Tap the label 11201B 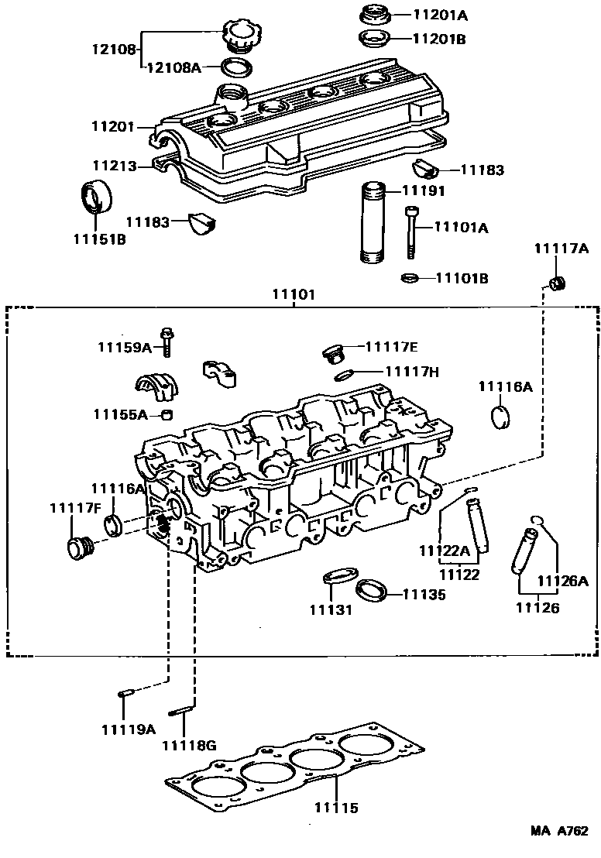[439, 38]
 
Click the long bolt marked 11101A [410, 232]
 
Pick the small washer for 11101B [410, 278]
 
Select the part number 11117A [562, 249]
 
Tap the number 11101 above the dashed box [293, 295]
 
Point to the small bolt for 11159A [167, 341]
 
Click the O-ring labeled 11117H [345, 376]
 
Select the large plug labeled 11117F [78, 547]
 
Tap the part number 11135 [424, 595]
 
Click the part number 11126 [537, 609]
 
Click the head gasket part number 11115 [336, 808]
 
